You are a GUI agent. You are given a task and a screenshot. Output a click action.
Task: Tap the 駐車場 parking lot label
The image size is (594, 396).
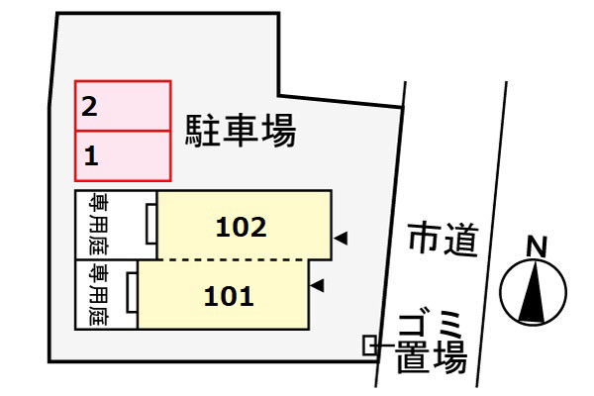click(x=241, y=131)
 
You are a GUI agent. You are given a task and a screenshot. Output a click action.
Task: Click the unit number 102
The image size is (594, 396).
click(x=241, y=227)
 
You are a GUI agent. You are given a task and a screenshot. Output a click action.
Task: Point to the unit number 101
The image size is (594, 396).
click(x=229, y=296)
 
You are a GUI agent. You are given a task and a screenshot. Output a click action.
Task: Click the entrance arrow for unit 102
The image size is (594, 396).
click(x=341, y=239)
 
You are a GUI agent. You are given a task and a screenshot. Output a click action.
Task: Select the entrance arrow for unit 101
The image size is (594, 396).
click(x=317, y=285)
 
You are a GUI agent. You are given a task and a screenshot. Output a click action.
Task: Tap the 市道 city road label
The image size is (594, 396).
click(x=444, y=240)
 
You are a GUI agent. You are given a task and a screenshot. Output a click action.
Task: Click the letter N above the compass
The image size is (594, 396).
click(x=538, y=247)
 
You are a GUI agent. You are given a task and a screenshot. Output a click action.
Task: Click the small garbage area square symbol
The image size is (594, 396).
click(x=370, y=346)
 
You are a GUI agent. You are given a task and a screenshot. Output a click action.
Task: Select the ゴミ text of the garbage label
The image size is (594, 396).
click(x=430, y=325)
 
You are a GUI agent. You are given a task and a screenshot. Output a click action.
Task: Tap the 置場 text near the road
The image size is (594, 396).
click(x=431, y=356)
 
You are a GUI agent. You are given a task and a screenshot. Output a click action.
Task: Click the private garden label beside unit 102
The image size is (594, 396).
click(x=98, y=225)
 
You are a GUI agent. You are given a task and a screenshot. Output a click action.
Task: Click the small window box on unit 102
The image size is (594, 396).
click(x=151, y=224)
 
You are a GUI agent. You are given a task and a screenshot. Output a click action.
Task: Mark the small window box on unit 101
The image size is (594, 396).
click(x=133, y=292)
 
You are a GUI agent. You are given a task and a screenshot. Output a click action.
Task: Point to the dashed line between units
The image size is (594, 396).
click(x=231, y=260)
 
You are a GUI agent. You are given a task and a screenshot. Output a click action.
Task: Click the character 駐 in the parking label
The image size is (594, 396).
click(x=202, y=131)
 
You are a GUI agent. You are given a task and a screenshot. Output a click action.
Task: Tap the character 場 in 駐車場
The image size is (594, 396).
click(x=279, y=131)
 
